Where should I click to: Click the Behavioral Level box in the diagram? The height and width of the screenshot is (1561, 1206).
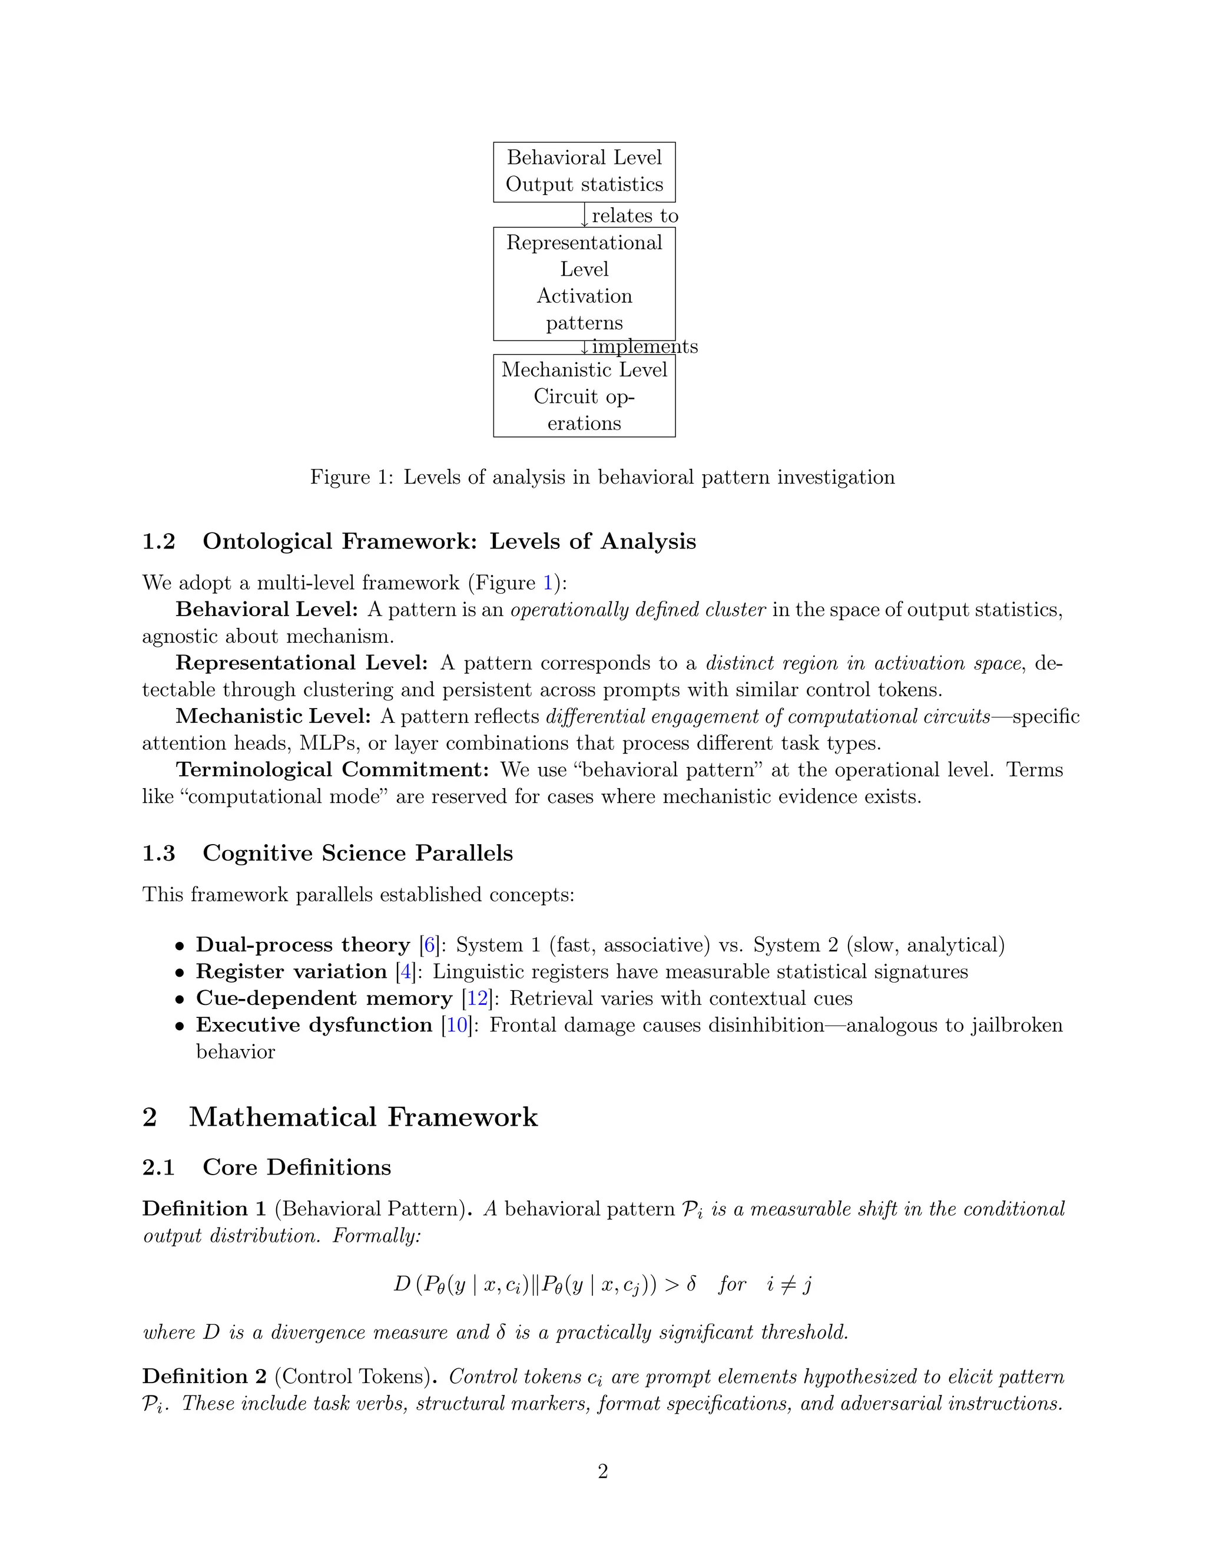(x=584, y=171)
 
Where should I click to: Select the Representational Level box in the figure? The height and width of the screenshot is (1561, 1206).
(x=584, y=283)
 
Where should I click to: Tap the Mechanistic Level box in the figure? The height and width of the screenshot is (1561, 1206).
(x=584, y=396)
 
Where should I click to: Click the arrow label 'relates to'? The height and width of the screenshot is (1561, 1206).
(x=634, y=216)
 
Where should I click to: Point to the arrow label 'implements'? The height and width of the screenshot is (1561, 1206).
(x=644, y=346)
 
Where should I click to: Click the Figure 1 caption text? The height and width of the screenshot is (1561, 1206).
(x=602, y=478)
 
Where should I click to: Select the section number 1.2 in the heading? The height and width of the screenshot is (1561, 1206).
(x=158, y=542)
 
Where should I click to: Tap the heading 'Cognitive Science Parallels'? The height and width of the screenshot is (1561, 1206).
(x=357, y=854)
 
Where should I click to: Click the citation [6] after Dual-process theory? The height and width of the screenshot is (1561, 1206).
(x=429, y=945)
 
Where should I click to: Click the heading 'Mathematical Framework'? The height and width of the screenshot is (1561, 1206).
(x=363, y=1117)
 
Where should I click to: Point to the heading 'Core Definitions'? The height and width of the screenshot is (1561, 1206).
(x=297, y=1168)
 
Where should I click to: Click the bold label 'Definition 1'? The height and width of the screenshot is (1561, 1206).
(x=204, y=1209)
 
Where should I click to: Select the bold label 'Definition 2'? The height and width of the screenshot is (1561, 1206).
(x=204, y=1377)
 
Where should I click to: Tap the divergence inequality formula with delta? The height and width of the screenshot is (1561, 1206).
(x=602, y=1284)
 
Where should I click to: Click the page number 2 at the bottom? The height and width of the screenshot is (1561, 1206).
(x=602, y=1473)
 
